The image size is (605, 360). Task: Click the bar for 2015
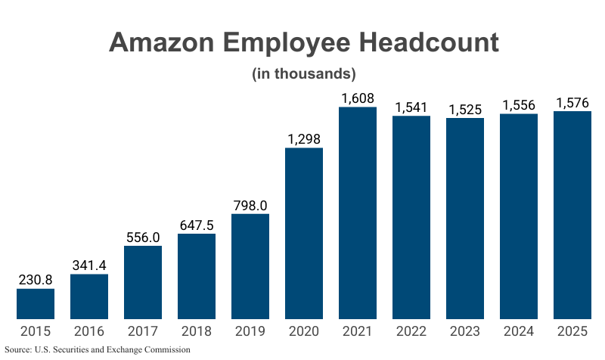[x=36, y=303]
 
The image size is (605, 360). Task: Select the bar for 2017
[x=143, y=282]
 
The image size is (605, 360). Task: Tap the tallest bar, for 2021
[x=358, y=213]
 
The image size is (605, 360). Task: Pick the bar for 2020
[x=304, y=233]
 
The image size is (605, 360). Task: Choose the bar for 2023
[x=465, y=218]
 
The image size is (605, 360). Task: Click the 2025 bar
[x=572, y=215]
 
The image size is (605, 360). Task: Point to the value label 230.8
[x=36, y=279]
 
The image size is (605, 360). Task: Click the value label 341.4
[x=89, y=265]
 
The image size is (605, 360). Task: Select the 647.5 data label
[x=197, y=225]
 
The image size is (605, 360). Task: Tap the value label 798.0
[x=250, y=205]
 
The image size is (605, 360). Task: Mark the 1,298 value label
[x=304, y=138]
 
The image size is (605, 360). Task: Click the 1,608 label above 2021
[x=358, y=98]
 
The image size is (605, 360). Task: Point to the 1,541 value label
[x=411, y=107]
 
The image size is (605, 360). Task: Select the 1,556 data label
[x=519, y=105]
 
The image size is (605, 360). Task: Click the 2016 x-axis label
[x=89, y=331]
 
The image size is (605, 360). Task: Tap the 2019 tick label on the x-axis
[x=250, y=331]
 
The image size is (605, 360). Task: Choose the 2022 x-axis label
[x=411, y=331]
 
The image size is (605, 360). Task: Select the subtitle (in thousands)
[x=302, y=74]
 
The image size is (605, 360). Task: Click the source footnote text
[x=98, y=350]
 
